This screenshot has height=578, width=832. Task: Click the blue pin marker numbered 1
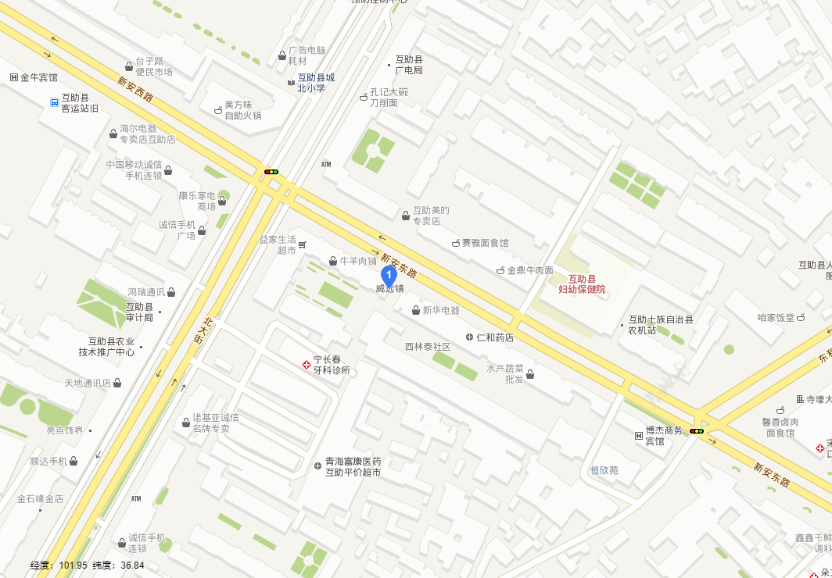point(389,276)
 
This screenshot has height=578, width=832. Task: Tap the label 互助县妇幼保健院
point(582,284)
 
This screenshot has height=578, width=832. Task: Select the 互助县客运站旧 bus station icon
point(54,102)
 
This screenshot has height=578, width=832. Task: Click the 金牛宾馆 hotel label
point(39,77)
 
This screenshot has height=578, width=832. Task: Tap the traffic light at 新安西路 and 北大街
point(271,171)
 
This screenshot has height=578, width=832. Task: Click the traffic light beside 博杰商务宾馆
point(696,431)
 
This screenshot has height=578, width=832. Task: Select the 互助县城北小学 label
point(316,83)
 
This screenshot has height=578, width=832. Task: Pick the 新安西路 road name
point(135,90)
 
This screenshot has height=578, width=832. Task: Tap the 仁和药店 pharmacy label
point(495,337)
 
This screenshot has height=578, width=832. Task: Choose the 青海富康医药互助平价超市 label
point(353,467)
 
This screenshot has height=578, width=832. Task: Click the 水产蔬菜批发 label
point(505,373)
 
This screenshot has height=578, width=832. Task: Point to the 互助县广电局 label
point(409,65)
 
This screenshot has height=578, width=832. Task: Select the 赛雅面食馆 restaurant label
point(485,243)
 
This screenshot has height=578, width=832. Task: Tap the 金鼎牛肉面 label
point(530,270)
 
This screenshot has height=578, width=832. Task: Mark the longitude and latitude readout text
point(88,566)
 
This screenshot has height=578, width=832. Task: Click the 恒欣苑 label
point(604,470)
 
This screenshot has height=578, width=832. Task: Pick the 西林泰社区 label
point(428,346)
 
